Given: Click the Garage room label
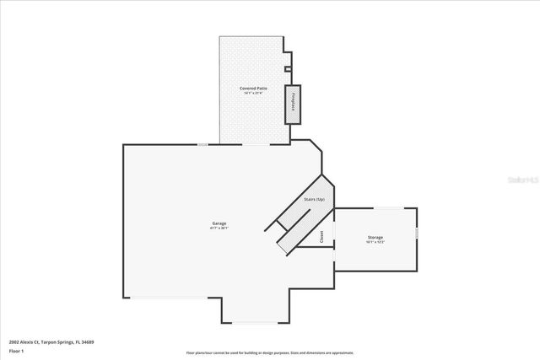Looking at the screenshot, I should click(219, 223).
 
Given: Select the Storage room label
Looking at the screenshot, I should click(375, 238).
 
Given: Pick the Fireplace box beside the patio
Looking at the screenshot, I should click(294, 104).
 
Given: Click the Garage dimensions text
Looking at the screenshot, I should click(219, 228).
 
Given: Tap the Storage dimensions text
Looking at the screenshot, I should click(375, 243).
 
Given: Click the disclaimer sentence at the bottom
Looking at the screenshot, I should click(270, 352).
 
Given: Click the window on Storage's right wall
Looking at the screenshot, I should click(417, 232).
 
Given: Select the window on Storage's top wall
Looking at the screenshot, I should click(387, 207).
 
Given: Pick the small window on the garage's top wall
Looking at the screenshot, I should click(202, 144).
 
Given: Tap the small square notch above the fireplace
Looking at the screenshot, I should click(288, 69).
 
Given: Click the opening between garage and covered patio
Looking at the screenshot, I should click(256, 144).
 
